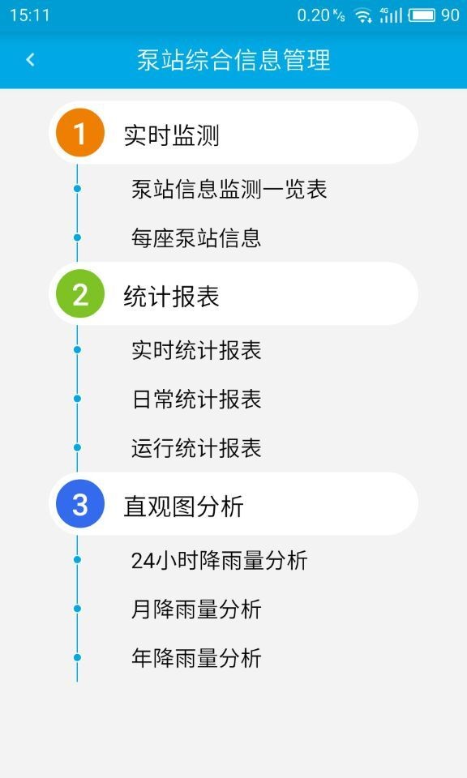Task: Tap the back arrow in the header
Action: coord(30,60)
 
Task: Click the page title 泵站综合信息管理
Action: coord(233,60)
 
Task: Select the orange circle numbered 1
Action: coord(80,133)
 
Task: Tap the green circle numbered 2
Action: coord(80,293)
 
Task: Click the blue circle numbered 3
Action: coord(80,504)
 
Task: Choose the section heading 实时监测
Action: coord(171,135)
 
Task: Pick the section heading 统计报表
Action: coord(171,297)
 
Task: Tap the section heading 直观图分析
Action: coord(183,507)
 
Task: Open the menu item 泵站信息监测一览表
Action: coord(229,189)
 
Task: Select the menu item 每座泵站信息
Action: coord(196,237)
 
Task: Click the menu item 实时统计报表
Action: coord(196,350)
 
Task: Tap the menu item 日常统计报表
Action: coord(196,399)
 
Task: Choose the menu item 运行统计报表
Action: coord(196,447)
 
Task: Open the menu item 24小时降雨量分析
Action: coord(220,560)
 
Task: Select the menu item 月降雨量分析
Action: coord(196,609)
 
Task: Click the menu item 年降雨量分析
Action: coord(196,658)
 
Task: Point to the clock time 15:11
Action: coord(30,15)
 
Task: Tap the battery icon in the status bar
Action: coord(422,15)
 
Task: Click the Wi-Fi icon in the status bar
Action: coord(364,16)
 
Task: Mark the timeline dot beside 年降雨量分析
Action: coord(77,658)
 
